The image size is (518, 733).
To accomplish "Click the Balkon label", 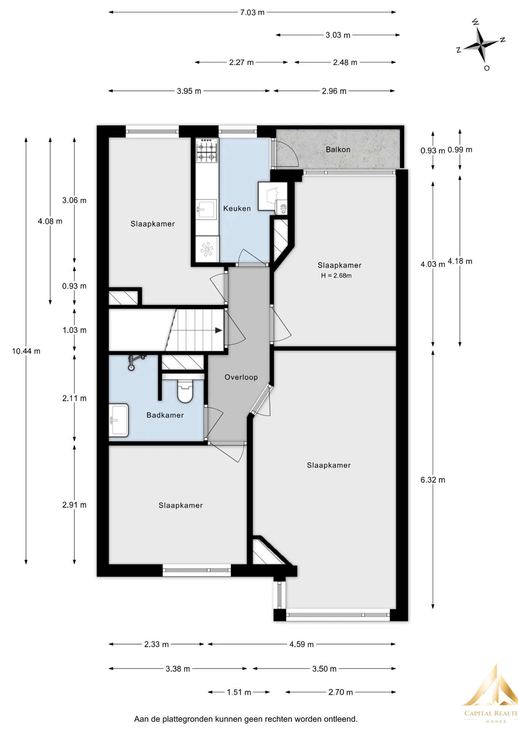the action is coord(338,150).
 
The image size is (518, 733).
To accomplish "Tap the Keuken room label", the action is coord(237,208).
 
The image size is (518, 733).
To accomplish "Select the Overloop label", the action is coord(241,377).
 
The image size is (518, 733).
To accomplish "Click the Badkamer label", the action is coord(165,415).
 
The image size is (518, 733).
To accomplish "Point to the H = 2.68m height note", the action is coord(336,276).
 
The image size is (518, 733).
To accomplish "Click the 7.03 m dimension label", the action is coord(252,13).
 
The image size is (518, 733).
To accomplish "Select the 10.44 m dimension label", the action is coord(26,351).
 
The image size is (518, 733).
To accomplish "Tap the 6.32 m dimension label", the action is coord(433,480).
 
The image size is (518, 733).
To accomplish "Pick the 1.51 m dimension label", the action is coord(239,692).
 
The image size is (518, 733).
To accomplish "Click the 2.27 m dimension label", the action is coord(241,62).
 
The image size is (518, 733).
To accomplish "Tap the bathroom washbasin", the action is coord(119,420).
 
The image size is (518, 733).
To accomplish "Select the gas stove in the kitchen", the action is coord(207,150).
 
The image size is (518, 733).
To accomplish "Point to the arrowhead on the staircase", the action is coord(219,330).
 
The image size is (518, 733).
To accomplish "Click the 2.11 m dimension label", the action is coord(74,399).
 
